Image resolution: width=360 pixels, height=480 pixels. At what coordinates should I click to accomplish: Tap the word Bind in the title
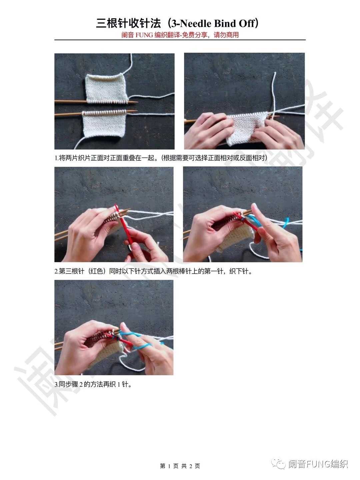click(224, 24)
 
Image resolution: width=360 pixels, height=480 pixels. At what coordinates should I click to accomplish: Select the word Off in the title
click(247, 24)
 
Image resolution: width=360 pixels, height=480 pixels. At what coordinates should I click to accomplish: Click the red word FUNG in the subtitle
click(144, 35)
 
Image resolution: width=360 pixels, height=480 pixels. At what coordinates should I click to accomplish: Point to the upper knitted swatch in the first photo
click(106, 89)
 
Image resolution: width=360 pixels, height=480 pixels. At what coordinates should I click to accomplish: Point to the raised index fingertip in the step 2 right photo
click(254, 206)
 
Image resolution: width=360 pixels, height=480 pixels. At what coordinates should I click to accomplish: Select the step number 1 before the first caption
click(56, 158)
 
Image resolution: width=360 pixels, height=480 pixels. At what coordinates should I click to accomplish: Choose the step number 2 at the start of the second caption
click(56, 271)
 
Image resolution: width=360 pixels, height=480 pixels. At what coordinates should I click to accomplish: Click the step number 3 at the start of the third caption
click(56, 384)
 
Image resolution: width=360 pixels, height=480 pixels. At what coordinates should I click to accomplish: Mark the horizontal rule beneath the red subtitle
click(180, 40)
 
